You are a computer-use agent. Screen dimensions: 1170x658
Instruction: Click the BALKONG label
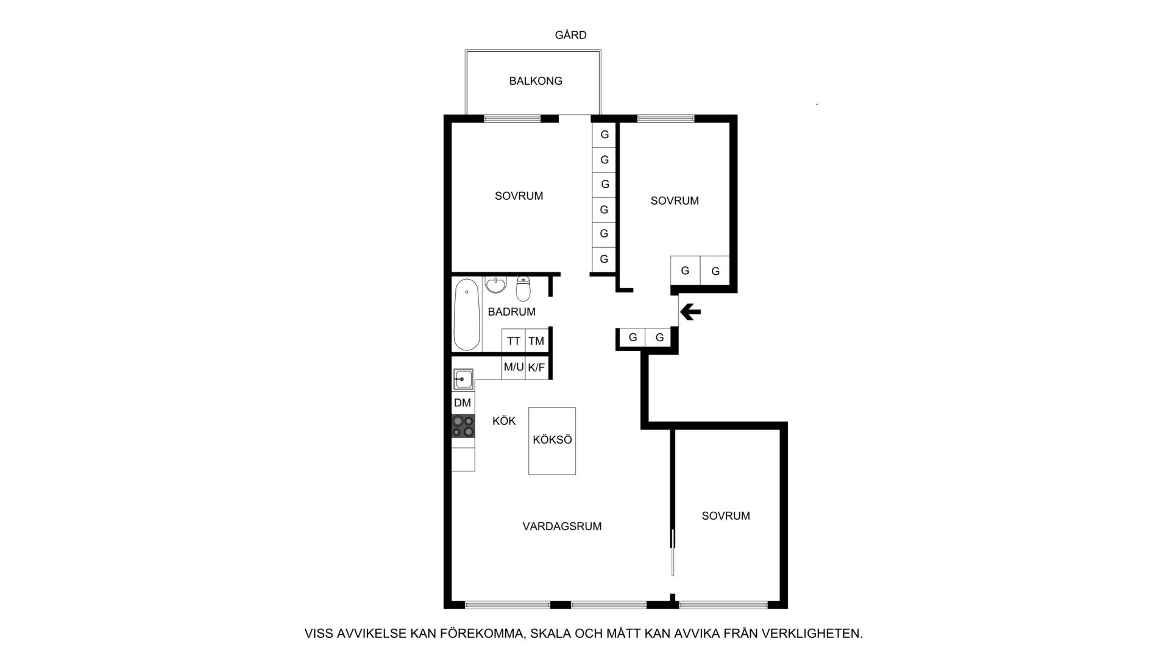point(536,81)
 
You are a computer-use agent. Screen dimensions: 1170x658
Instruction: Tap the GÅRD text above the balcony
point(570,35)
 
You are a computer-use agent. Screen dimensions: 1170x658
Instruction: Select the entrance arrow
point(690,313)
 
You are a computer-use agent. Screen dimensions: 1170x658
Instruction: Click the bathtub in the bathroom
point(467,314)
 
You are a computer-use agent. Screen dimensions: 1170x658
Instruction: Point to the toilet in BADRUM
point(523,289)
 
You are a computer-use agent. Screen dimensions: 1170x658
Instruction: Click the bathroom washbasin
point(496,285)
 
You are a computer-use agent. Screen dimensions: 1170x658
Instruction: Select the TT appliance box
point(514,341)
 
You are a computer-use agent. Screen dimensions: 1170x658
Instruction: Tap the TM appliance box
point(536,341)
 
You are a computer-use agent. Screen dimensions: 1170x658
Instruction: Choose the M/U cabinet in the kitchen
point(514,367)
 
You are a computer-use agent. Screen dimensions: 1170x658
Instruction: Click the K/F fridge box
point(536,367)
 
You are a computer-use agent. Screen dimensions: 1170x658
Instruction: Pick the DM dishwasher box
point(463,403)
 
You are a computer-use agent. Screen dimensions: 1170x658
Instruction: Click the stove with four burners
point(463,426)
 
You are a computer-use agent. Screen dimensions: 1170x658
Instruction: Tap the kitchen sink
point(463,380)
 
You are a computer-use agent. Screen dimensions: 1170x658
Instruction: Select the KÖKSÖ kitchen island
point(552,440)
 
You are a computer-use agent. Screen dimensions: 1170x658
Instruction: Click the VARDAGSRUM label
point(562,526)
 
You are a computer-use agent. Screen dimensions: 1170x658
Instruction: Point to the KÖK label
point(504,421)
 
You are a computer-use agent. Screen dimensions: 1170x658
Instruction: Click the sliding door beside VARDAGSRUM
point(673,552)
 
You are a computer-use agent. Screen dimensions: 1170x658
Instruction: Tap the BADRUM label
point(512,312)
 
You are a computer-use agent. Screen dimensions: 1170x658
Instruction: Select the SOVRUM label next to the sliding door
point(726,516)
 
